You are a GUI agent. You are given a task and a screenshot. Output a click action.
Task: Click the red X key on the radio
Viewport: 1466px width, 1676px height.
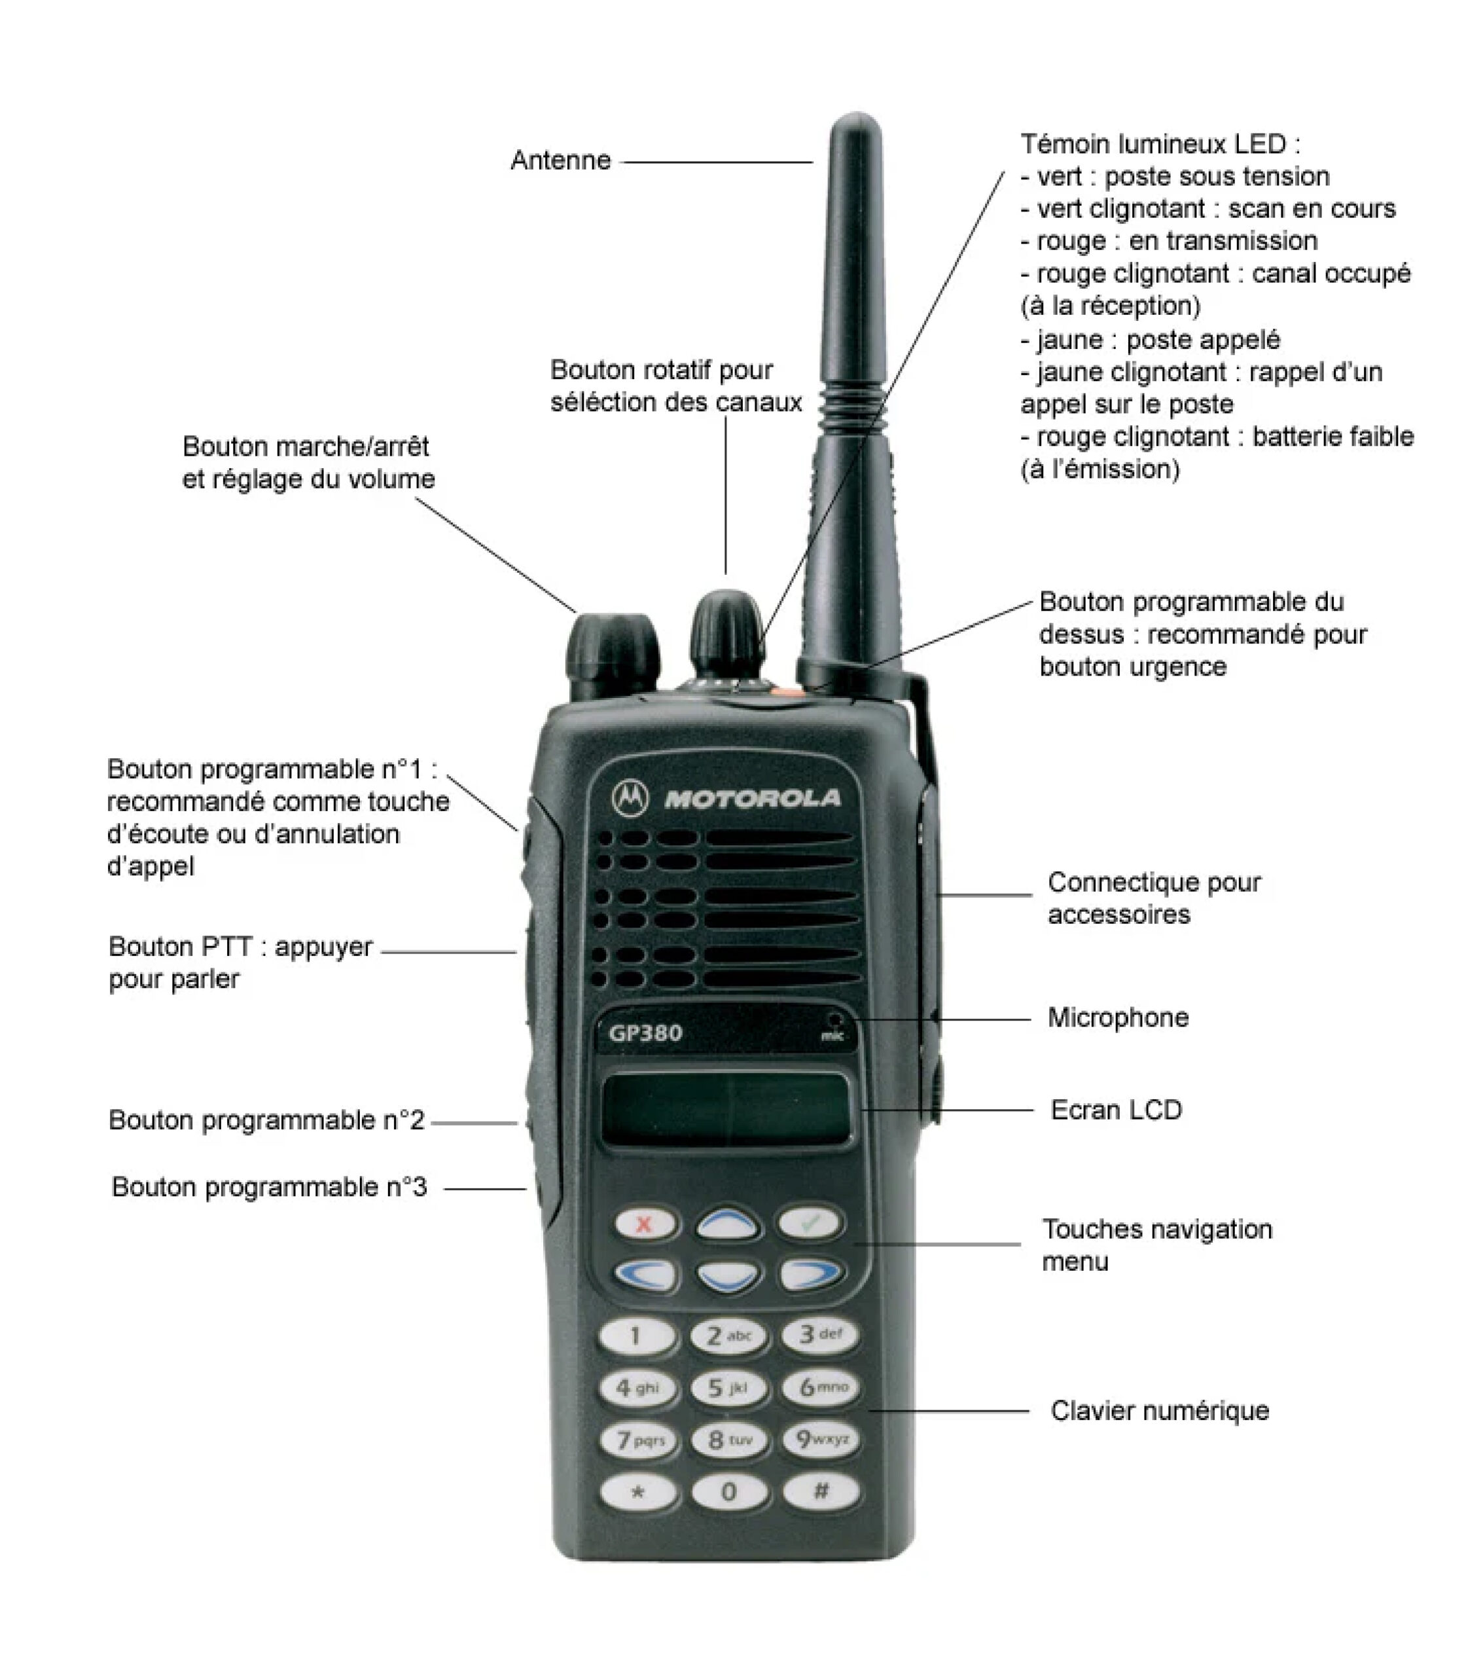[645, 1224]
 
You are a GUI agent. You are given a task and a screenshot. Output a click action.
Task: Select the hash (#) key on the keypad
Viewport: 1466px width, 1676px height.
[821, 1491]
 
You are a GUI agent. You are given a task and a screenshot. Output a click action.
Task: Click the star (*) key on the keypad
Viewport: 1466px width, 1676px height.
[638, 1493]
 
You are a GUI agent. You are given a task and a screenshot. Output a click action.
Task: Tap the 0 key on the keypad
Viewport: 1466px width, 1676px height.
[729, 1493]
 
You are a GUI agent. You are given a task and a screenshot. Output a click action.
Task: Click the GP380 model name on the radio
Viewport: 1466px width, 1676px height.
[645, 1034]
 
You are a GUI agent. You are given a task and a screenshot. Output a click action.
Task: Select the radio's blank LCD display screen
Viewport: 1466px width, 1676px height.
[726, 1110]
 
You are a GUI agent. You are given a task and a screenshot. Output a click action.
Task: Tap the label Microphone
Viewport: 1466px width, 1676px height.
[1118, 1018]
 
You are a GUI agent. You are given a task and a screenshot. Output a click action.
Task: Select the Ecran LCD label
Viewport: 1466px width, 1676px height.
[1117, 1110]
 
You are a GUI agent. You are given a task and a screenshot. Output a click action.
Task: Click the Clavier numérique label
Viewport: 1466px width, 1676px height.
[1160, 1411]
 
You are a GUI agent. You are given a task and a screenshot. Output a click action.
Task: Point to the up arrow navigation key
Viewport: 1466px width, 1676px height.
[728, 1224]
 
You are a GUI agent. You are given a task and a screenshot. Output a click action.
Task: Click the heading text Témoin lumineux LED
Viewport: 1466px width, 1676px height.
[1160, 144]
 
